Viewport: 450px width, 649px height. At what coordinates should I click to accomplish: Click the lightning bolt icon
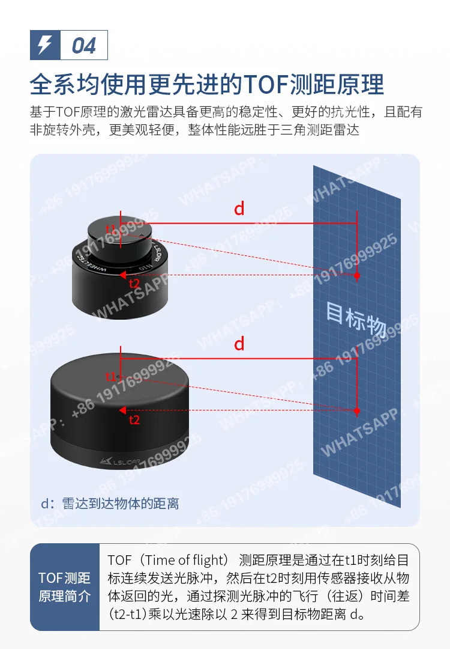[45, 44]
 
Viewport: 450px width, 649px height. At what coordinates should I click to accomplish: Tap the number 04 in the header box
[84, 46]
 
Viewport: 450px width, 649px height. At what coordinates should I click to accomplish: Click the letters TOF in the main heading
[266, 85]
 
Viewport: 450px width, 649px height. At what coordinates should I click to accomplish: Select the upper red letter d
[239, 209]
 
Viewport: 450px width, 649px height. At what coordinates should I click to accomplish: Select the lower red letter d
[239, 344]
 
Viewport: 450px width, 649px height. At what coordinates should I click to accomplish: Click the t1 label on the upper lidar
[111, 229]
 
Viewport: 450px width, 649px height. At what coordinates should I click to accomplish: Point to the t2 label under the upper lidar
[134, 284]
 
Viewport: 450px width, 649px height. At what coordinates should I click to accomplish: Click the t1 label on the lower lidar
[111, 377]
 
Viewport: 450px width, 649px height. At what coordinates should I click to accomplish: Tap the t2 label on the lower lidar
[134, 419]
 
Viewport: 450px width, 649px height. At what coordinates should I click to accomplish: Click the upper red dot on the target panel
[357, 275]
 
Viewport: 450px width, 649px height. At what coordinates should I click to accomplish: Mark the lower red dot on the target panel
[357, 410]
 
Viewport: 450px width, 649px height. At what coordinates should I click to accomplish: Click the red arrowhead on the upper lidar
[123, 275]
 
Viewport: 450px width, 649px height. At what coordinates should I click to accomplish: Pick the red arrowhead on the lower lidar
[122, 410]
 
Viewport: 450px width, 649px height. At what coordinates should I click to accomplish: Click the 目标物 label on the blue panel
[356, 319]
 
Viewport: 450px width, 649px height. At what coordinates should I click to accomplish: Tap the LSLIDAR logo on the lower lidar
[120, 461]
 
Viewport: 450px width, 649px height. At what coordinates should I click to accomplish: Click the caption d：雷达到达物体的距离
[110, 504]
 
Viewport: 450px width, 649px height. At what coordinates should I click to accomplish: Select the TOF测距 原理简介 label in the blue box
[64, 587]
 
